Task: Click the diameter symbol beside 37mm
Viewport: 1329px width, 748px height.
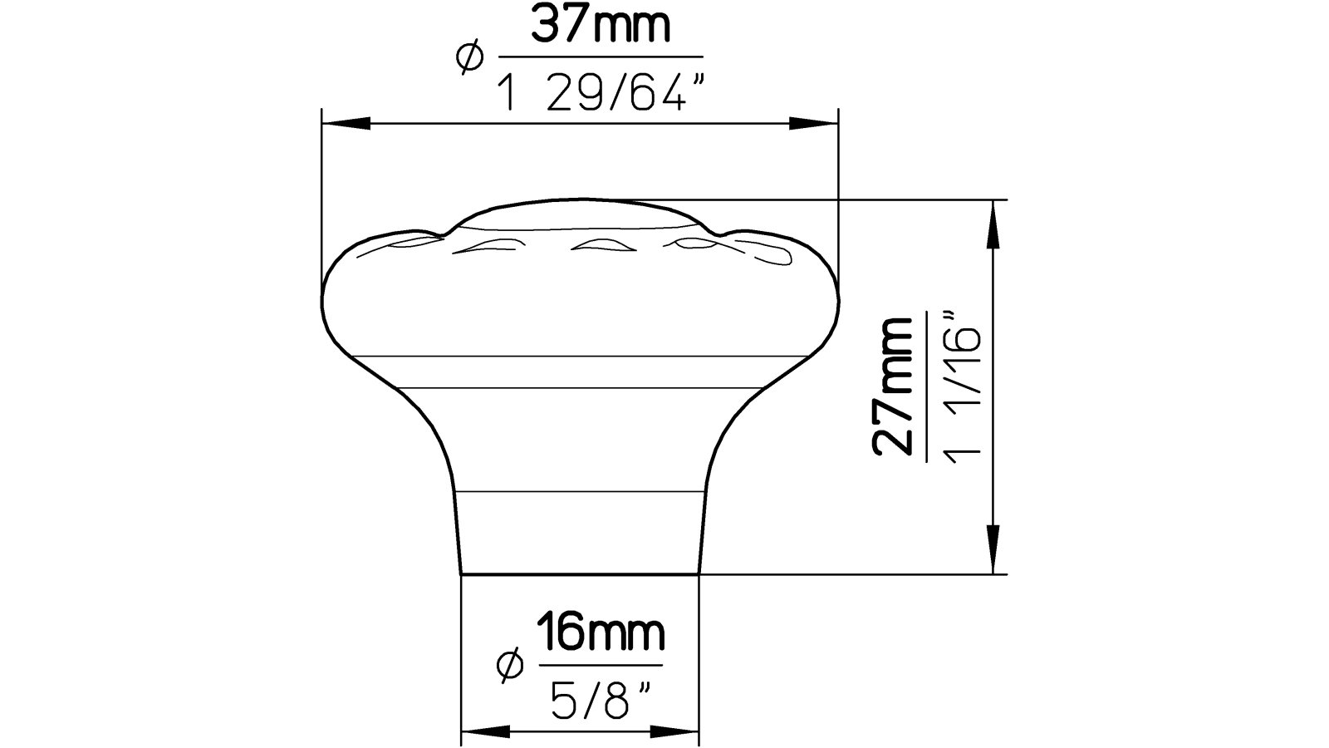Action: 469,58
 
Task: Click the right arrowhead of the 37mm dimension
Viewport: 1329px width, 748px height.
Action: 813,124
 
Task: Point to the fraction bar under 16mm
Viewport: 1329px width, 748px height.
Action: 601,665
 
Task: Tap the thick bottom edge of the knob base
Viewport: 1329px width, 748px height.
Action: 580,573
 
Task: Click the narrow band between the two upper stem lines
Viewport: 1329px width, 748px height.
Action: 579,372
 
